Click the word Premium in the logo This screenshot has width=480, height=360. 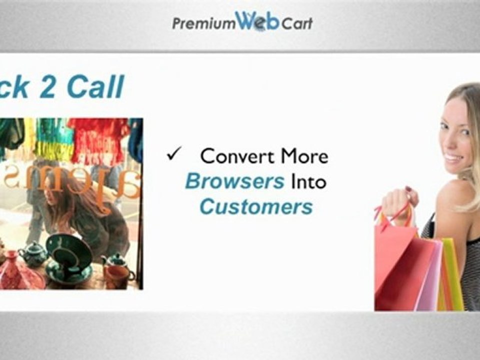(x=202, y=23)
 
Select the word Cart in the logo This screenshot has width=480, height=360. (x=297, y=23)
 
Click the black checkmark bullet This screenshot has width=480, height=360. (x=173, y=155)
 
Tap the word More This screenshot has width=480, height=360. (x=304, y=156)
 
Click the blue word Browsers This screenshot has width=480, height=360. (x=234, y=181)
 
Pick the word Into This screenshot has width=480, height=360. (x=307, y=181)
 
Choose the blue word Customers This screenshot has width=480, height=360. (x=256, y=206)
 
